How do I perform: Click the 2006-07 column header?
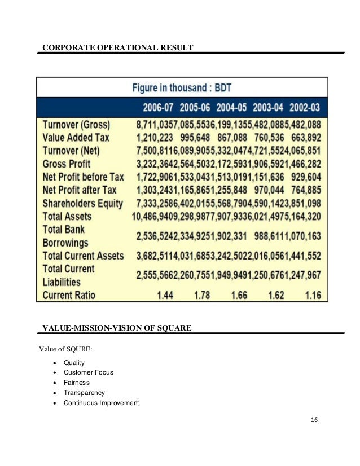(155, 108)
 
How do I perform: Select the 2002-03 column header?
(305, 108)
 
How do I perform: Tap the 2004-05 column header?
(230, 108)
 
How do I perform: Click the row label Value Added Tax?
(76, 137)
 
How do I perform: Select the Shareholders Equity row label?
(82, 203)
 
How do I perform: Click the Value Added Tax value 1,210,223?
(154, 137)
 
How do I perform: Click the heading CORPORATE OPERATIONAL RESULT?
(118, 47)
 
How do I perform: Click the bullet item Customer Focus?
(89, 372)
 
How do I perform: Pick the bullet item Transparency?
(84, 393)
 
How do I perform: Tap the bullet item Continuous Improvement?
(101, 403)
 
